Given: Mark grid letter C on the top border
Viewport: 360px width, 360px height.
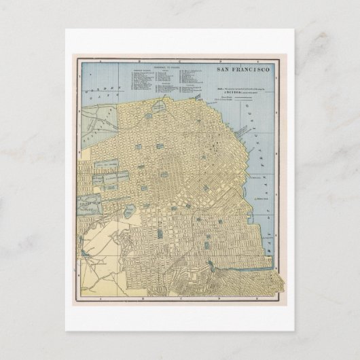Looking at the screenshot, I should coord(170,59).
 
